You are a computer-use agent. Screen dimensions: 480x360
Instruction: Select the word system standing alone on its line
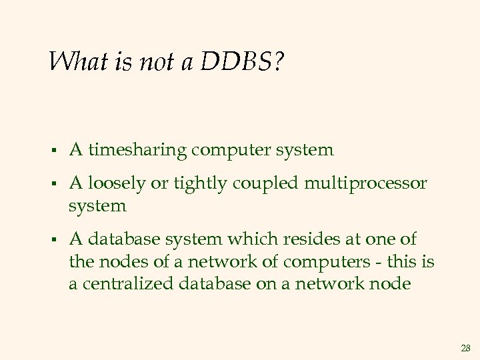coord(97,205)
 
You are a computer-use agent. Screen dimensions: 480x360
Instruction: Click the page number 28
coord(465,348)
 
